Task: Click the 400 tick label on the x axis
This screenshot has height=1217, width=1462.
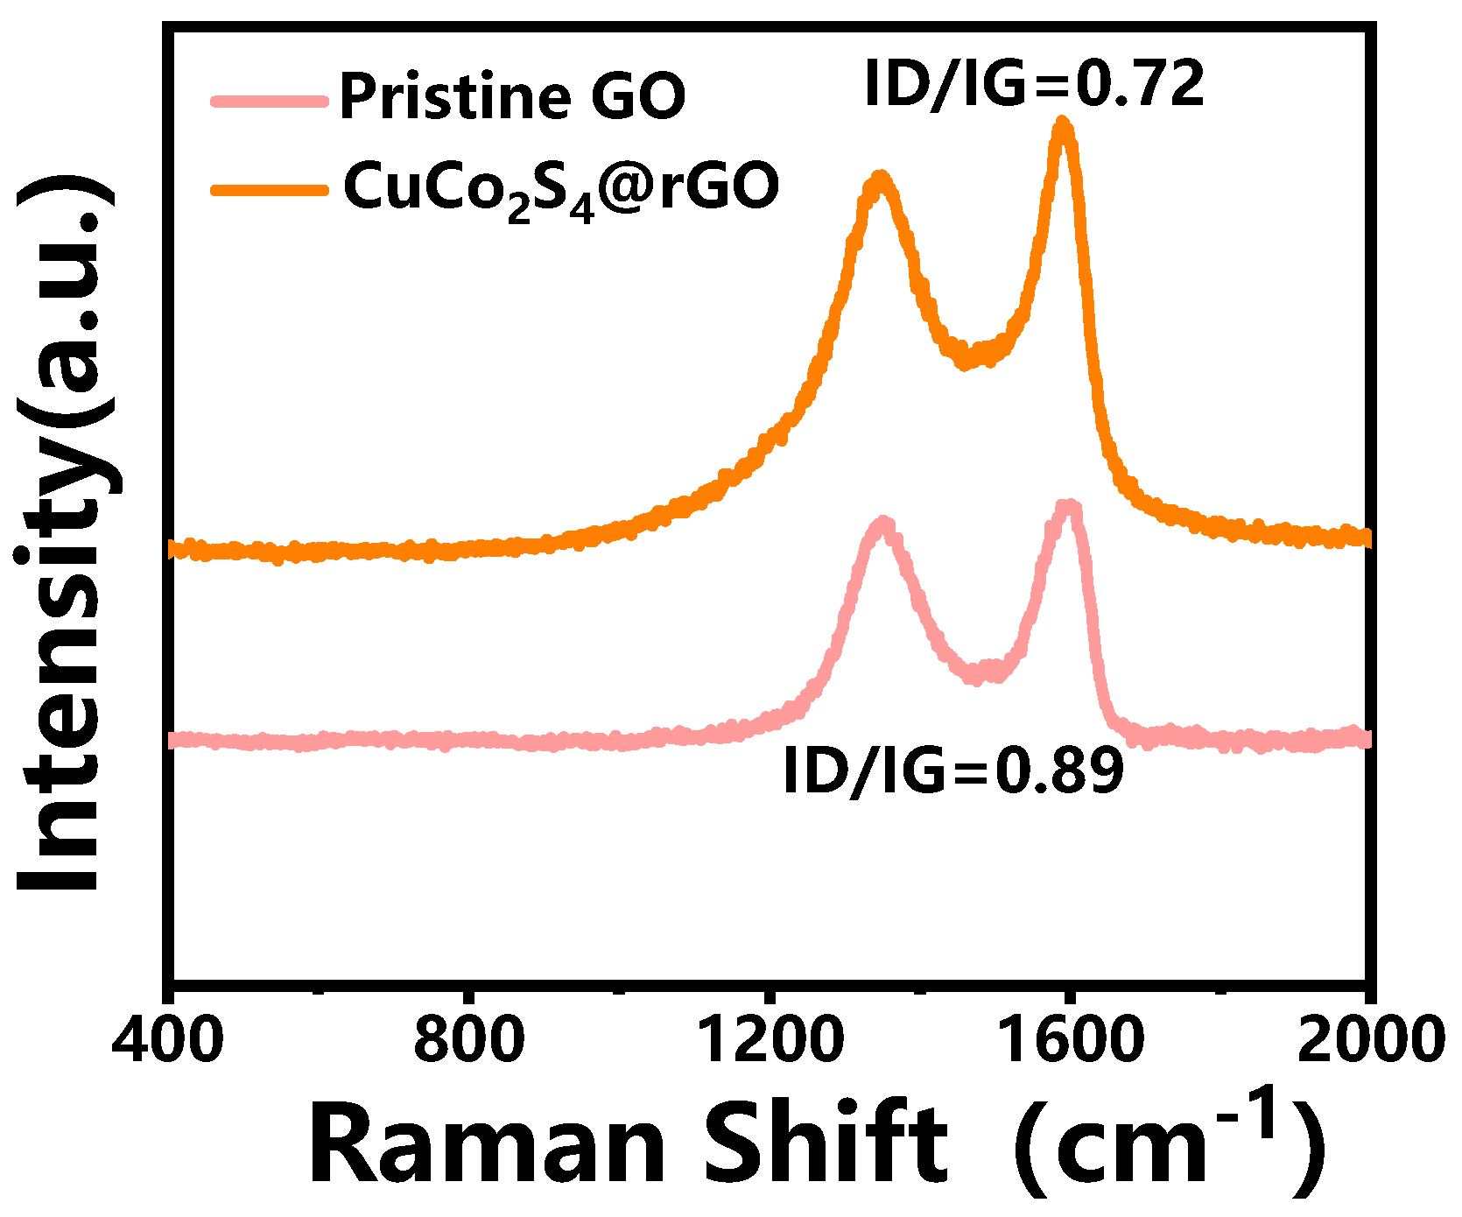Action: tap(167, 1041)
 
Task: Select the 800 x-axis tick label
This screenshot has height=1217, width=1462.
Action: tap(469, 1041)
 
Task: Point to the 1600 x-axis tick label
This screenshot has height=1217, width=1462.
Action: tap(1070, 1041)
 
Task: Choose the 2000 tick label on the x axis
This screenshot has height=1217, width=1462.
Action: tap(1369, 1041)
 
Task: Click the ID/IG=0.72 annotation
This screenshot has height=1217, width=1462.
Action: tap(1034, 85)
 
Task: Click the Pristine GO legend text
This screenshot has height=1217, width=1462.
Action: tap(512, 96)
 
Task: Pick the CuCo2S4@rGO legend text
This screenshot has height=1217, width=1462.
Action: tap(560, 188)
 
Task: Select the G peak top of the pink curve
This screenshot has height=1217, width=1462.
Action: tap(1068, 507)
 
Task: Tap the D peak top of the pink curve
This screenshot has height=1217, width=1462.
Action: tap(883, 524)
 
